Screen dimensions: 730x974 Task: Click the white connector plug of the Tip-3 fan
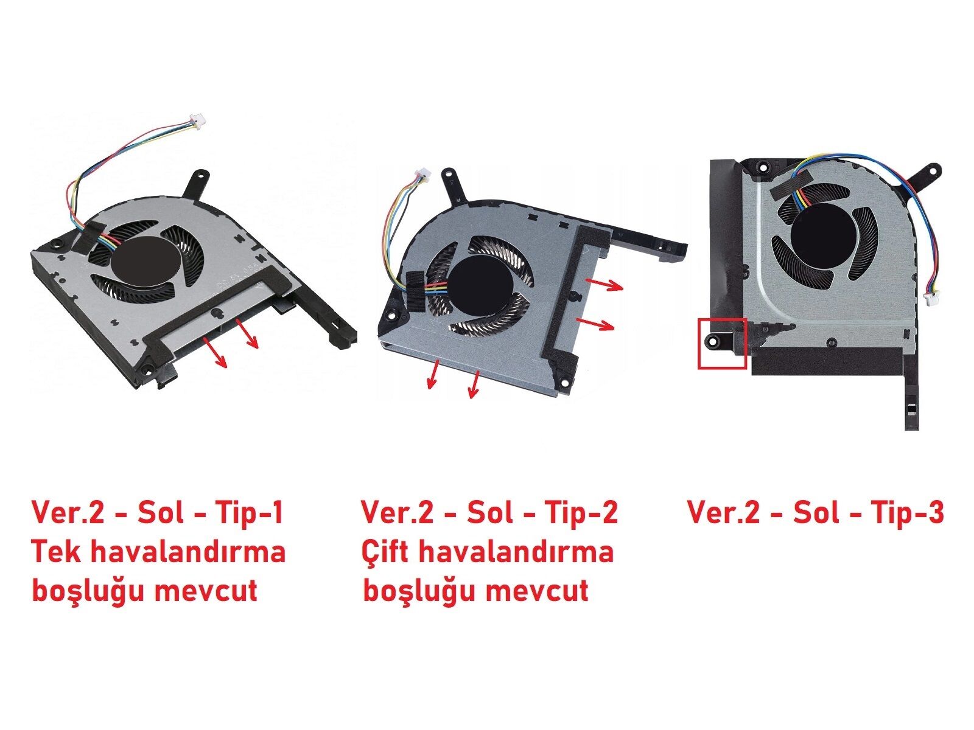point(930,298)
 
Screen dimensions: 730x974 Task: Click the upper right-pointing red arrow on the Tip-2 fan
point(604,284)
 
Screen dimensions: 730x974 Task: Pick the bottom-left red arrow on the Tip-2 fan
point(433,374)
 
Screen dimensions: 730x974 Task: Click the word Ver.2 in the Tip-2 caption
point(396,512)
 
